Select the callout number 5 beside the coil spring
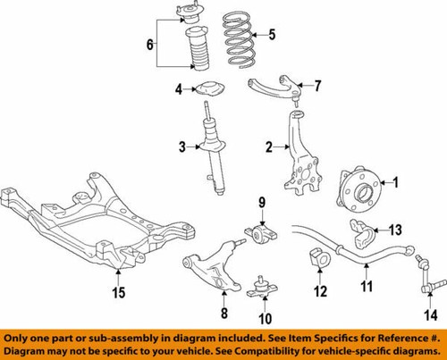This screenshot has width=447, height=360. point(274,37)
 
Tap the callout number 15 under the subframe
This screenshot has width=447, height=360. point(120,291)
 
